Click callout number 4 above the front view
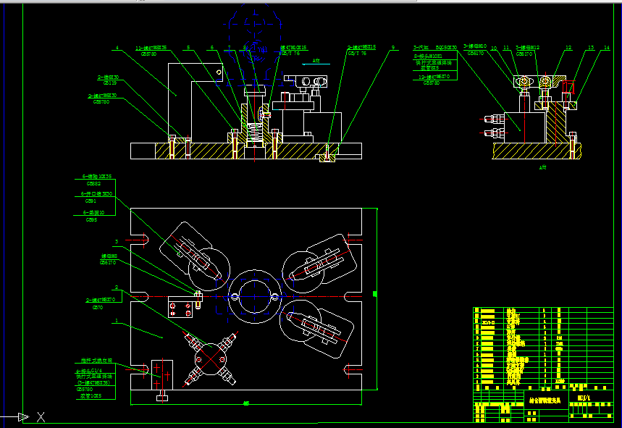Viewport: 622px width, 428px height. pyautogui.click(x=117, y=49)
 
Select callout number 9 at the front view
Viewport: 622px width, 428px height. pyautogui.click(x=393, y=49)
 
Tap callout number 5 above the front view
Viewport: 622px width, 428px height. pyautogui.click(x=188, y=49)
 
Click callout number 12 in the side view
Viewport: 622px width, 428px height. pyautogui.click(x=568, y=49)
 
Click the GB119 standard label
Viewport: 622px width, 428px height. pyautogui.click(x=110, y=83)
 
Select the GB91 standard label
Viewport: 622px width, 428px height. pyautogui.click(x=91, y=201)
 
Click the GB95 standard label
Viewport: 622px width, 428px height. pyautogui.click(x=91, y=219)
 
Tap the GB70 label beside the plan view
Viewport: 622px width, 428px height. pyautogui.click(x=98, y=307)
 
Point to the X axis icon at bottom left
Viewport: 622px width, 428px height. pyautogui.click(x=41, y=417)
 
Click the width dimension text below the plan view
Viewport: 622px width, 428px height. pyautogui.click(x=246, y=403)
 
